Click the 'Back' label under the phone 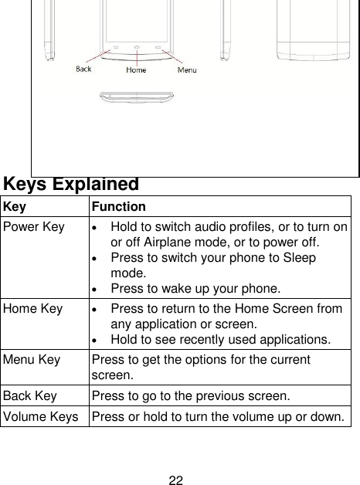(x=83, y=69)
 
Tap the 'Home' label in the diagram (x=136, y=71)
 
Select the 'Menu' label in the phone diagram (x=187, y=71)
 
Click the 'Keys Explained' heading (x=71, y=185)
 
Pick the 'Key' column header (x=14, y=207)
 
